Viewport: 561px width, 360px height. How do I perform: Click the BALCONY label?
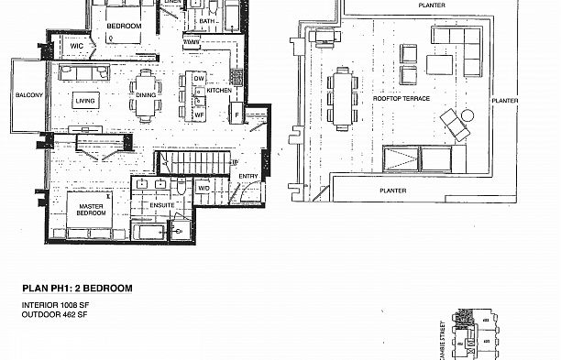tap(25, 94)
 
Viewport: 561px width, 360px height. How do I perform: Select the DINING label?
tap(146, 94)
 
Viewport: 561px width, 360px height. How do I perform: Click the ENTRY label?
tap(248, 176)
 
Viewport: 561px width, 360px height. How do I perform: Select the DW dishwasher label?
tap(197, 79)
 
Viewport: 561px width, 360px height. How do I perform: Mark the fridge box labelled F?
tap(238, 115)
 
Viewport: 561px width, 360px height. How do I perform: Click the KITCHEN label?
tap(218, 91)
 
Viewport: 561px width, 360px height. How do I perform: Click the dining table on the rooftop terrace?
tap(343, 96)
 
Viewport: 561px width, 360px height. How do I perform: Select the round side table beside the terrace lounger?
tap(466, 115)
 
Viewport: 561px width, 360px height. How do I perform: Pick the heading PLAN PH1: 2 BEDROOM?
tap(77, 289)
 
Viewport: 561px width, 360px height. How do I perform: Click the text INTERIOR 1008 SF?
tap(53, 304)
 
